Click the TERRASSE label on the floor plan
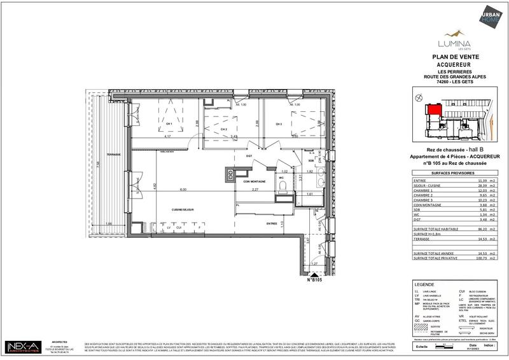[114, 155]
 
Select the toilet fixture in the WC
[282, 186]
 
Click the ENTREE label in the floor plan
[272, 223]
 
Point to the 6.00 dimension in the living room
[182, 190]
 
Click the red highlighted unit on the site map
[433, 109]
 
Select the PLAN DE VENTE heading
[454, 57]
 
